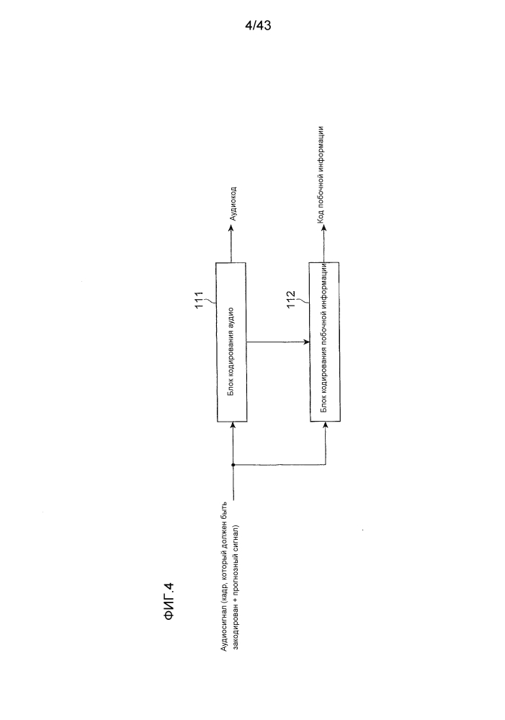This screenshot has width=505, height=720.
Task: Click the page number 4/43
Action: pos(259,26)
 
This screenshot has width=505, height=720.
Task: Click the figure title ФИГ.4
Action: pos(169,602)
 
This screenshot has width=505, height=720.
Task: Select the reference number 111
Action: pos(200,301)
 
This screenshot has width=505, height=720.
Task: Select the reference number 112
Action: pos(291,300)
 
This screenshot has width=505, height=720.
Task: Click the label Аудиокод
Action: pos(233,203)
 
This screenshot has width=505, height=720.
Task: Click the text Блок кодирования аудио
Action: pos(232,351)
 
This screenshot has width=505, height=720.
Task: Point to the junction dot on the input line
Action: pos(233,465)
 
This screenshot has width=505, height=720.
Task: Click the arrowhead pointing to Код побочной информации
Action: pos(323,231)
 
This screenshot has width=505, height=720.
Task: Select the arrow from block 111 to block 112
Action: pos(278,342)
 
